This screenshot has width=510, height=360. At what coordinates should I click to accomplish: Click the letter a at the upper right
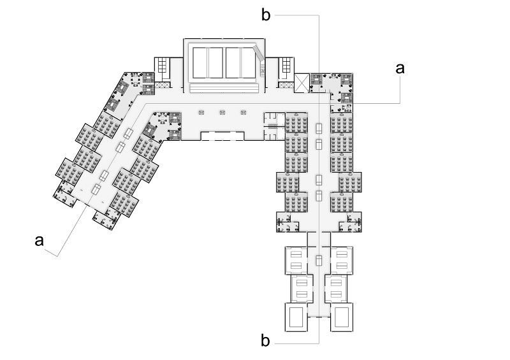point(400,69)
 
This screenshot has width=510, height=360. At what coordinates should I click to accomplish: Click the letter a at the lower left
point(40,240)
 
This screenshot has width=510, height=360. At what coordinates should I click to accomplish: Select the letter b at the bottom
point(266,340)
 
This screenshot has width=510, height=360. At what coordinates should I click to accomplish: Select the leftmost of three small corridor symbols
point(201,112)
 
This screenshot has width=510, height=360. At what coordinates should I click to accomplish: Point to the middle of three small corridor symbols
point(222,112)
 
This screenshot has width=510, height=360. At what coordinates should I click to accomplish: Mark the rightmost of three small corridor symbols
point(243,112)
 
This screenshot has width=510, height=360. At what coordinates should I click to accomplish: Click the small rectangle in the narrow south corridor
point(318,259)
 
